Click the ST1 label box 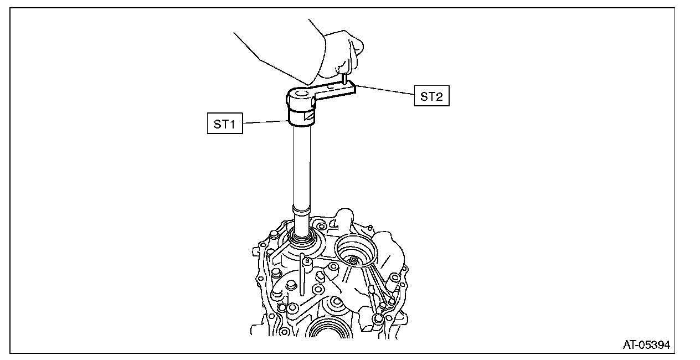[225, 124]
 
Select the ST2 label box [431, 96]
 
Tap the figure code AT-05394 [646, 344]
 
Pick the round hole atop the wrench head [301, 95]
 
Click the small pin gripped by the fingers [344, 79]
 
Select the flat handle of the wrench [334, 91]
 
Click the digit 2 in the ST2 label [439, 96]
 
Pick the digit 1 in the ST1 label [233, 124]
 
